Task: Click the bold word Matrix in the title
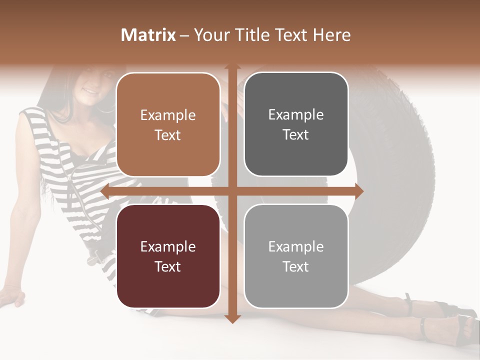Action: [x=148, y=35]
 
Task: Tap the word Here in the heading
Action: [x=331, y=35]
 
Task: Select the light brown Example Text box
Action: [x=168, y=124]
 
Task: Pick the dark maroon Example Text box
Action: [x=168, y=256]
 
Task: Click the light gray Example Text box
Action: [x=296, y=255]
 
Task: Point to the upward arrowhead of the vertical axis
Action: [x=232, y=67]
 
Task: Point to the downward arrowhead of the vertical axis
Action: [x=232, y=318]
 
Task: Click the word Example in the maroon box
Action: [x=168, y=246]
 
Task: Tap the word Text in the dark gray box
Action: [x=296, y=134]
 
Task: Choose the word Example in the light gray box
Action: [x=296, y=246]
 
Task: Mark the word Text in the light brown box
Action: [x=168, y=135]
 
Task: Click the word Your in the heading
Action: [x=210, y=35]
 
